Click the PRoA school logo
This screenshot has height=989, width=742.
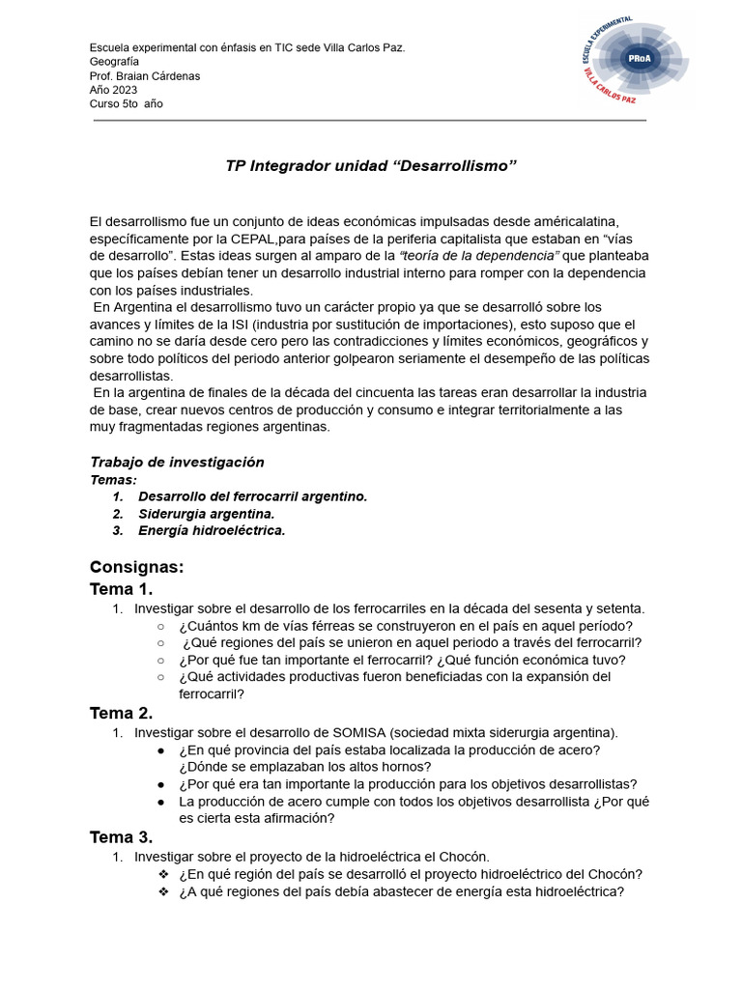pyautogui.click(x=634, y=61)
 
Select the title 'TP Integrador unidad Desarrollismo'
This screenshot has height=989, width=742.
pyautogui.click(x=371, y=165)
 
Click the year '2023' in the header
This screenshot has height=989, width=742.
pyautogui.click(x=125, y=90)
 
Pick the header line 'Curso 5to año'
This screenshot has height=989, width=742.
pyautogui.click(x=126, y=104)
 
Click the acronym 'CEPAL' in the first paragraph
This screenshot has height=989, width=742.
pyautogui.click(x=253, y=239)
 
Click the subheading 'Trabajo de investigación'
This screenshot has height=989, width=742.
pyautogui.click(x=177, y=462)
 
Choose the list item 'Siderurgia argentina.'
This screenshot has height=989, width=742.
pyautogui.click(x=207, y=514)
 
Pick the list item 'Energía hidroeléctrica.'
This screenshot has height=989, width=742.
pyautogui.click(x=212, y=530)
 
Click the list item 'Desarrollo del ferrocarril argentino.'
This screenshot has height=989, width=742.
pyautogui.click(x=252, y=496)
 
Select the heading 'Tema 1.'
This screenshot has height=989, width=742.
pyautogui.click(x=121, y=589)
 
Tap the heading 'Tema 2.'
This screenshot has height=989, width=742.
pyautogui.click(x=121, y=713)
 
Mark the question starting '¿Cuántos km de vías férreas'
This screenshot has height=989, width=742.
pyautogui.click(x=406, y=626)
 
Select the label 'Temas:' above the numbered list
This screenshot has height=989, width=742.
pyautogui.click(x=113, y=479)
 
